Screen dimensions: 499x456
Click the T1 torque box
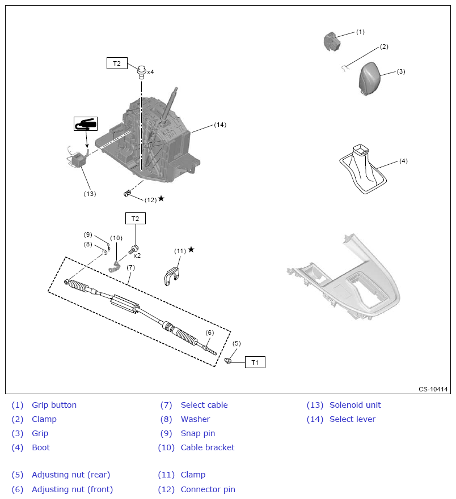point(255,362)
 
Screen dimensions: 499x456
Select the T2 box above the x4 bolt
point(117,63)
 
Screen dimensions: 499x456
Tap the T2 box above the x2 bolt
point(135,219)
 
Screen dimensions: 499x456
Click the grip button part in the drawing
point(330,41)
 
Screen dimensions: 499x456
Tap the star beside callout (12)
point(161,198)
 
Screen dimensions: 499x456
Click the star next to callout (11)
point(191,249)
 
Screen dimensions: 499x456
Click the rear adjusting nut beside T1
point(228,360)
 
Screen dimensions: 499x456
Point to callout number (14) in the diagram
point(220,125)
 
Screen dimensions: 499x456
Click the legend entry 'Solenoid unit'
point(355,405)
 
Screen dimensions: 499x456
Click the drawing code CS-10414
point(433,389)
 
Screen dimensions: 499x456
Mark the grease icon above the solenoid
point(86,123)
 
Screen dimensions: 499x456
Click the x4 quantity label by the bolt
point(150,72)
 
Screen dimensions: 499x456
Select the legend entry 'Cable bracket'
point(208,447)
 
